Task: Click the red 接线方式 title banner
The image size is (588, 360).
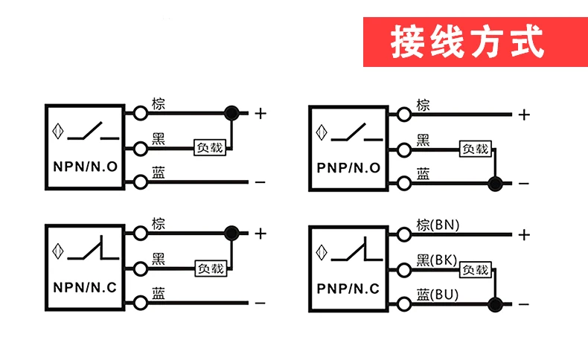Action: coord(476,42)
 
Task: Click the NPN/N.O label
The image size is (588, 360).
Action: coord(85,167)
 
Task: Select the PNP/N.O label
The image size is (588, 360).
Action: coord(348,168)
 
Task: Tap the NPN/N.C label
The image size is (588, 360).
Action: coord(85,288)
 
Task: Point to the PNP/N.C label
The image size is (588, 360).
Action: coord(348,289)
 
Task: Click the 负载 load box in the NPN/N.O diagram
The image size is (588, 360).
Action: coord(210,147)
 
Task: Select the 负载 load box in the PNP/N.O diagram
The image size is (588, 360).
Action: coord(476,149)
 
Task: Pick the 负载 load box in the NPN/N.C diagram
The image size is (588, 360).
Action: coord(211,269)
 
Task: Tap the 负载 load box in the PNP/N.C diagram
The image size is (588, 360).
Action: coord(476,269)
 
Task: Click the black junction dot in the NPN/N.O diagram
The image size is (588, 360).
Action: coord(231,113)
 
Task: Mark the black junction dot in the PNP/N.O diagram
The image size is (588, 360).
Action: coord(495,184)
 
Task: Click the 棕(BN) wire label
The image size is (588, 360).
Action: coord(438,225)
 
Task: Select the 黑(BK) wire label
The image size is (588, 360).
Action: coord(436,260)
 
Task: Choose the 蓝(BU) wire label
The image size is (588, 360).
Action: coord(437,295)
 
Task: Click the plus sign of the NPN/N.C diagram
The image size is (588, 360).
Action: coord(261,234)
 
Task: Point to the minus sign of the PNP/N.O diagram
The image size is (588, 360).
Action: coord(524,184)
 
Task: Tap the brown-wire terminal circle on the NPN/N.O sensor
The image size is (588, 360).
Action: coord(141,113)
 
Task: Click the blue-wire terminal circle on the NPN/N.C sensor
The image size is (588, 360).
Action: coord(141,303)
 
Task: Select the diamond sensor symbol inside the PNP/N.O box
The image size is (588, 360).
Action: coord(322,132)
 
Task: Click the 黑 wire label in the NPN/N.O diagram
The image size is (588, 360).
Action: coord(159,138)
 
